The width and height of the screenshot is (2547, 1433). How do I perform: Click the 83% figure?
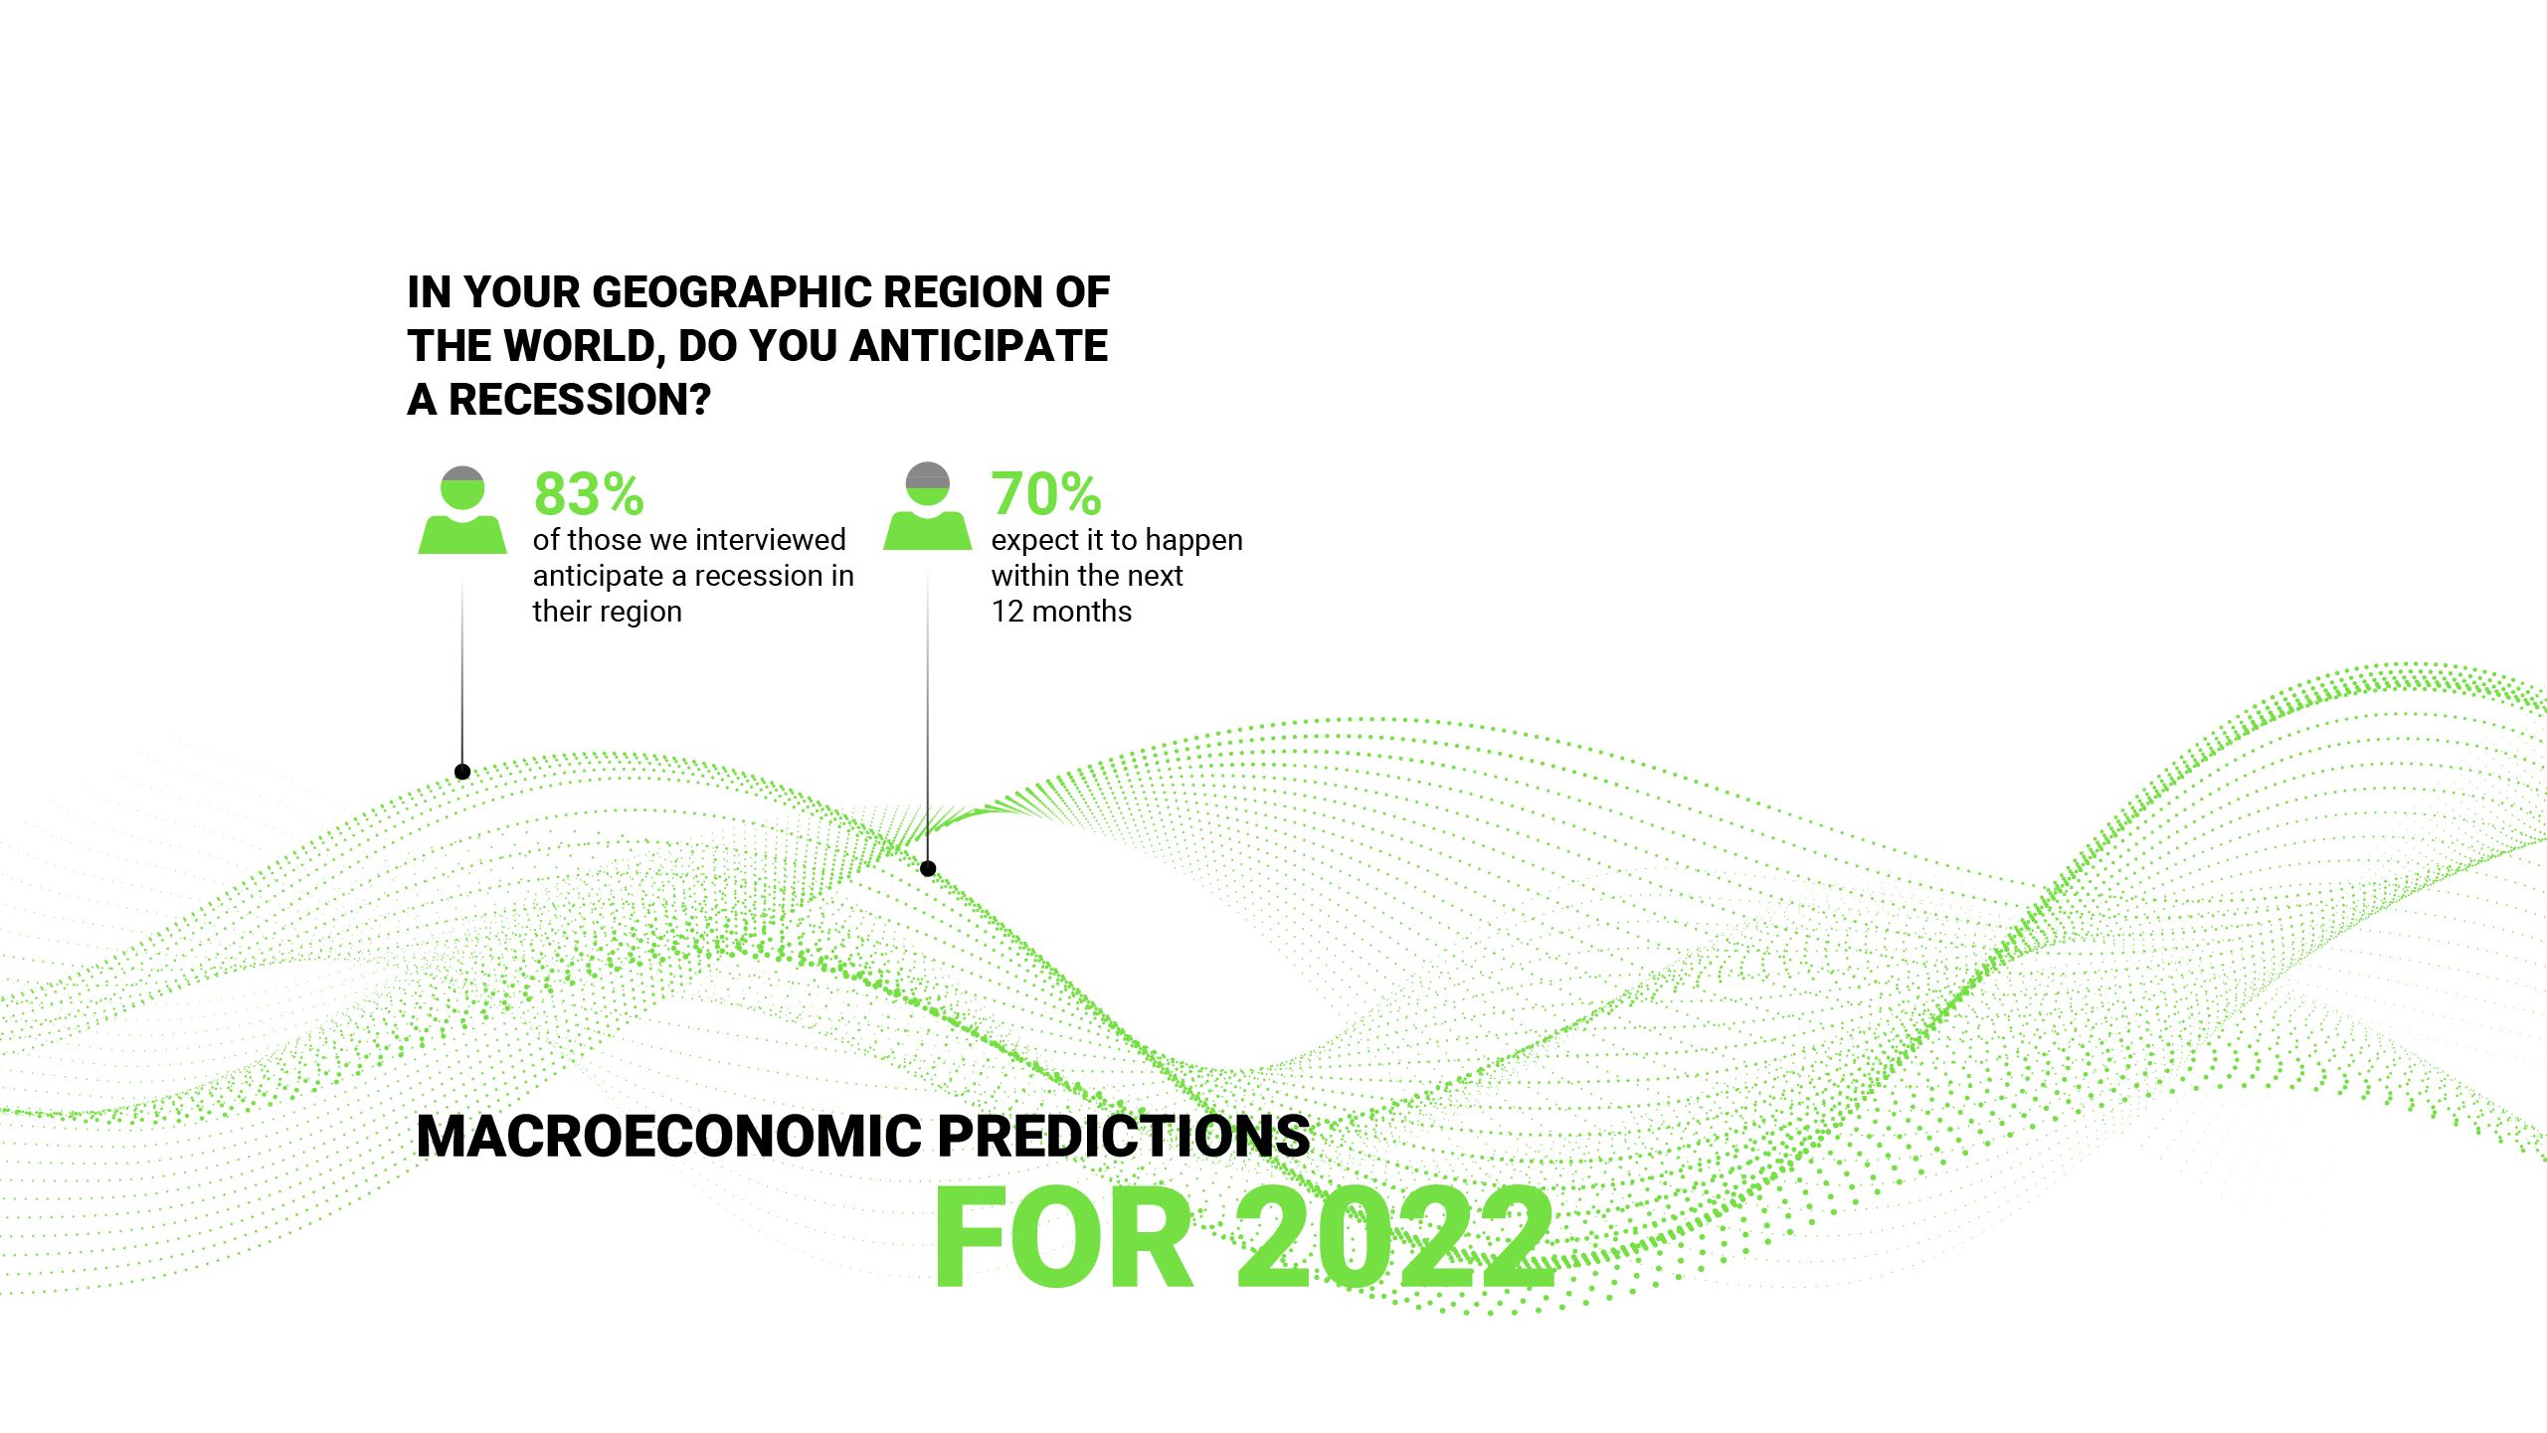(589, 494)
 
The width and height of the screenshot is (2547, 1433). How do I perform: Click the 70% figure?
(1045, 494)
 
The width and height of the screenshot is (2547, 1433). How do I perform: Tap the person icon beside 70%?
(928, 506)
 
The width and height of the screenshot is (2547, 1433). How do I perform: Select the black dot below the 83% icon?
(462, 772)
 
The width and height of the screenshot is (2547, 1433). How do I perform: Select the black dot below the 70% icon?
(928, 869)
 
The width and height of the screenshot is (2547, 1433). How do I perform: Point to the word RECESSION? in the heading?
(579, 400)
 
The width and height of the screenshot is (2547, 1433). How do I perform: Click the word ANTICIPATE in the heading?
(979, 346)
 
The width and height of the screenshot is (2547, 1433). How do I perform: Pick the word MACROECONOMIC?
(669, 1136)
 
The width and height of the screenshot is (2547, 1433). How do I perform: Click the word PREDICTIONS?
(1123, 1136)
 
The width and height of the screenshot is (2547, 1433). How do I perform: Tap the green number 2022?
(1394, 1237)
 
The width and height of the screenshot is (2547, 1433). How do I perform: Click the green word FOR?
(1063, 1237)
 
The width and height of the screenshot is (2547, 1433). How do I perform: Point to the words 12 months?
(1061, 612)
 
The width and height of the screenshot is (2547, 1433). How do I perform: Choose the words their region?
(607, 612)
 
